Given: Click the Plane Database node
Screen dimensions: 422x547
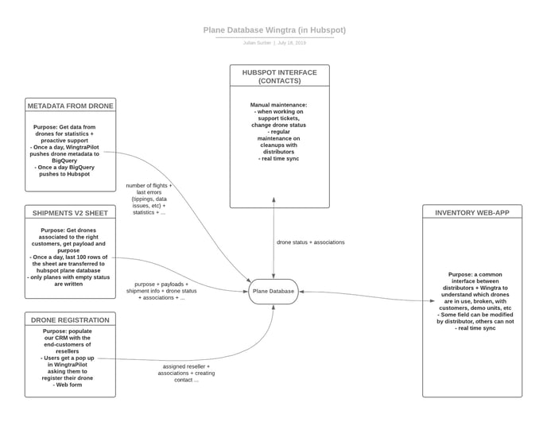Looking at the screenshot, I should coord(273,292).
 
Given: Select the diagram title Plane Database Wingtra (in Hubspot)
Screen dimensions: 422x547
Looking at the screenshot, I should coord(274,30).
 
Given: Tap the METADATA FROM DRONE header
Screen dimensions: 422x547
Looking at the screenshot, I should coord(70,106).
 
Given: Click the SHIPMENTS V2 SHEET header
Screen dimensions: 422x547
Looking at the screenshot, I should coord(70,212).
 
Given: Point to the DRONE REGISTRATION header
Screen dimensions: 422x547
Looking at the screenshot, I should coord(70,319).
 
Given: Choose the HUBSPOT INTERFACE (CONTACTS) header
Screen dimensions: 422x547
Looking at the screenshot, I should coord(279,76).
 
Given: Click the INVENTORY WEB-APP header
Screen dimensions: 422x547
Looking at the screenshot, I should coord(471,212).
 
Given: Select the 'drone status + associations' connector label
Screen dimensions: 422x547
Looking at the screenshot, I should coord(311,242).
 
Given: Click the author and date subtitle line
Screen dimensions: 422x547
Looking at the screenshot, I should coord(274,43).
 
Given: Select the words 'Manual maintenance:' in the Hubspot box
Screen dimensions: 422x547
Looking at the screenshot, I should coord(279,105).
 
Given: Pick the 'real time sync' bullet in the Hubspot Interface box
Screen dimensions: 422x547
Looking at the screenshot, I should coord(279,159).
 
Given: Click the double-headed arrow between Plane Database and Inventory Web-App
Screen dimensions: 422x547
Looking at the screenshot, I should coord(362,296).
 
